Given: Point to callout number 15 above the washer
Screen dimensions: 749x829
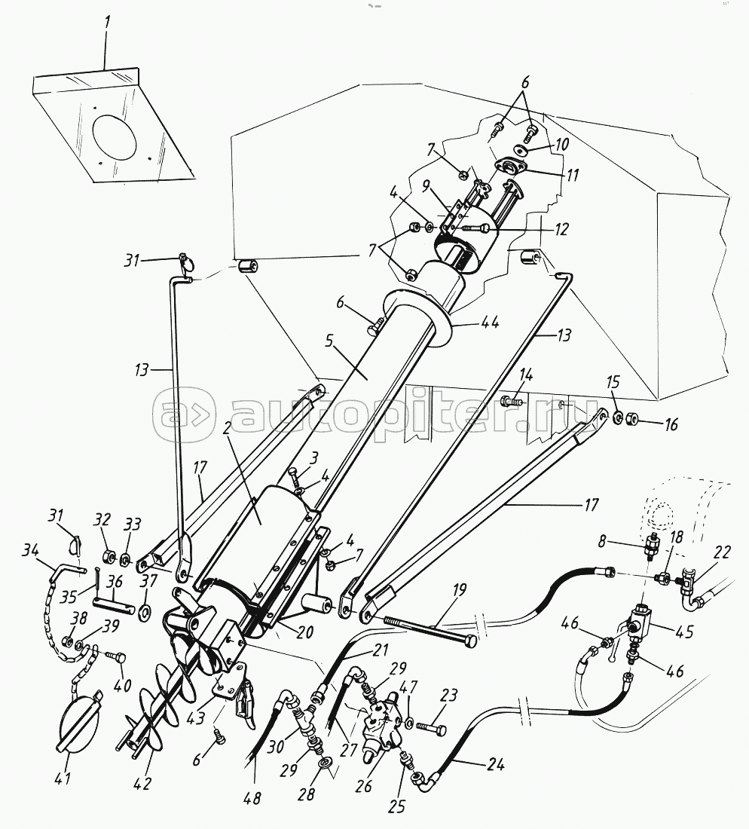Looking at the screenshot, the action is click(x=613, y=382).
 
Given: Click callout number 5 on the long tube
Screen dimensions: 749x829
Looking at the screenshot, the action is click(x=329, y=341).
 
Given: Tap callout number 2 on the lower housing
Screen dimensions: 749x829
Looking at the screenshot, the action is click(x=228, y=430).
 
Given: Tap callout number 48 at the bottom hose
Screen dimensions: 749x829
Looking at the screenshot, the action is click(x=252, y=797).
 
